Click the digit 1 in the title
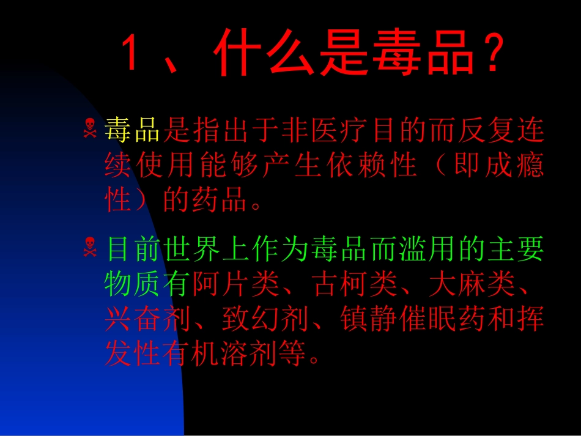tap(129, 51)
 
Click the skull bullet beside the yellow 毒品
tap(90, 128)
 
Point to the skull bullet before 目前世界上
tap(90, 247)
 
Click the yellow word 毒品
tap(132, 130)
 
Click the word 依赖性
tap(372, 165)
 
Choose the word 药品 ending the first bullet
tap(220, 200)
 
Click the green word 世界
tap(192, 248)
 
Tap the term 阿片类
tap(236, 284)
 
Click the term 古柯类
tap(355, 284)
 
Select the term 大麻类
tap(472, 284)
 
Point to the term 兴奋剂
tap(148, 319)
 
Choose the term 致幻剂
tap(265, 319)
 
